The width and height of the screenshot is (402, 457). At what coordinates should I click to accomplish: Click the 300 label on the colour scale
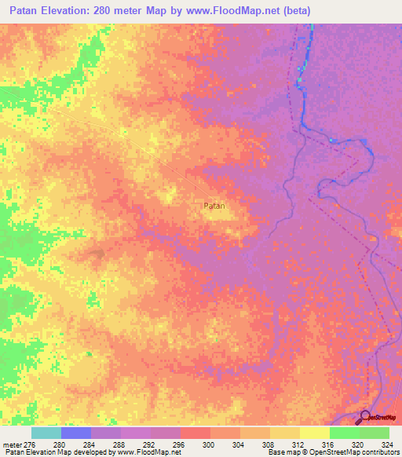(210, 444)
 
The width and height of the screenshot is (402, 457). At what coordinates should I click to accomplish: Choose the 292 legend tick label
(150, 444)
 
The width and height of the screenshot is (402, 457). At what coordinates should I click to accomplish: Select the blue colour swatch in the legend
(75, 433)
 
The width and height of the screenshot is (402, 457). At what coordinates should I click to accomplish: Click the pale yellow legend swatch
(314, 433)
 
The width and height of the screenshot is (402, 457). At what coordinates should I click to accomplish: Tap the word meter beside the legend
(10, 444)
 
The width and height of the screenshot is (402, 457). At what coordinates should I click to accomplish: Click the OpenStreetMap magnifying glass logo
(364, 418)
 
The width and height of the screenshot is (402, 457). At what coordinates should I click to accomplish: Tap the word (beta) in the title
(299, 11)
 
